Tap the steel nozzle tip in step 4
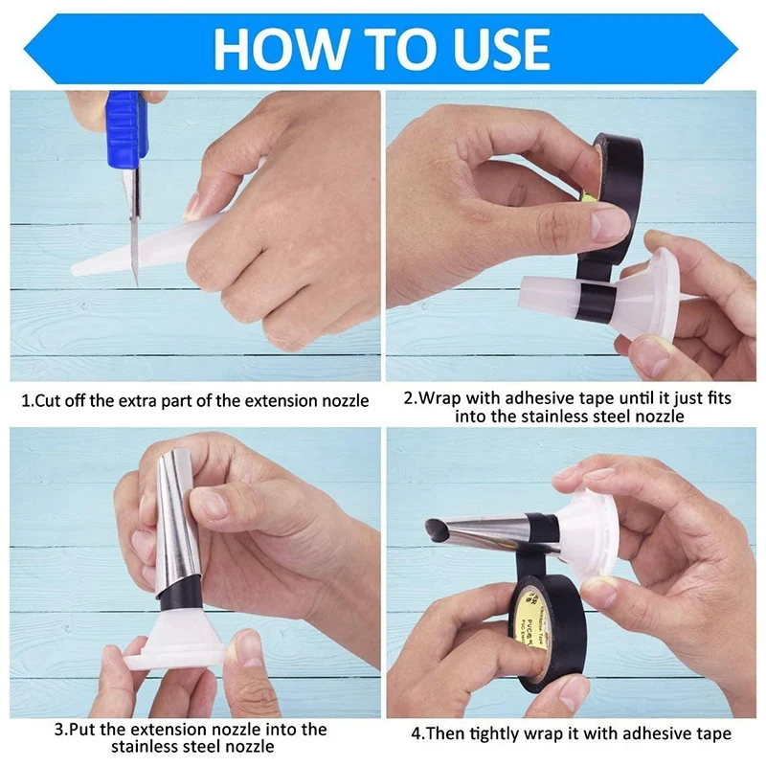pyautogui.click(x=437, y=527)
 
